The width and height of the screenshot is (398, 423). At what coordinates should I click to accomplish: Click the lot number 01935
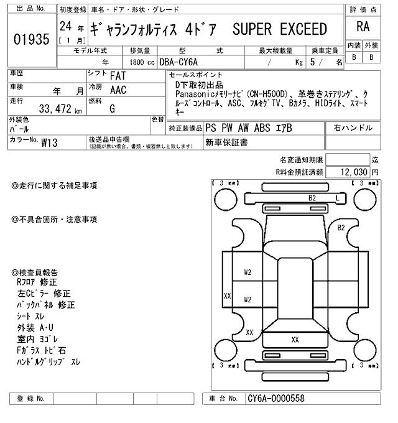click(x=30, y=40)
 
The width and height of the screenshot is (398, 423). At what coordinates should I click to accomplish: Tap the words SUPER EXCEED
click(x=279, y=29)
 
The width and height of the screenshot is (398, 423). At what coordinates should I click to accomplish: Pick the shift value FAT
click(x=118, y=76)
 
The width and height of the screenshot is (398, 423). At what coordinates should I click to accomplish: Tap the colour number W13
click(x=49, y=142)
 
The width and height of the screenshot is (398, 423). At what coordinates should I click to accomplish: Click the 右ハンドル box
click(x=353, y=128)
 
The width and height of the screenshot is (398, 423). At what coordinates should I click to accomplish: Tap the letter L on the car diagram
click(x=337, y=197)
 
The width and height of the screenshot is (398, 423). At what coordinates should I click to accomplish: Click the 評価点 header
click(x=362, y=9)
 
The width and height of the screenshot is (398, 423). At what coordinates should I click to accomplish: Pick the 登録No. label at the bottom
click(x=30, y=398)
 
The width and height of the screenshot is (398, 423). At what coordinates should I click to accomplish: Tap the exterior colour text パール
click(x=22, y=129)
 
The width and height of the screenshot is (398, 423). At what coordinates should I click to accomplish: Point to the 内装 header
click(x=354, y=46)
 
